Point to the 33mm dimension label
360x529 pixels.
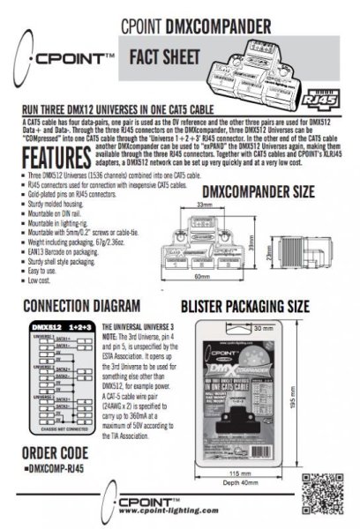pos(206,205)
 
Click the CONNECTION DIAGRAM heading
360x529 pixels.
pos(85,306)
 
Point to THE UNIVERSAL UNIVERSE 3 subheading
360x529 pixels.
pos(144,324)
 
